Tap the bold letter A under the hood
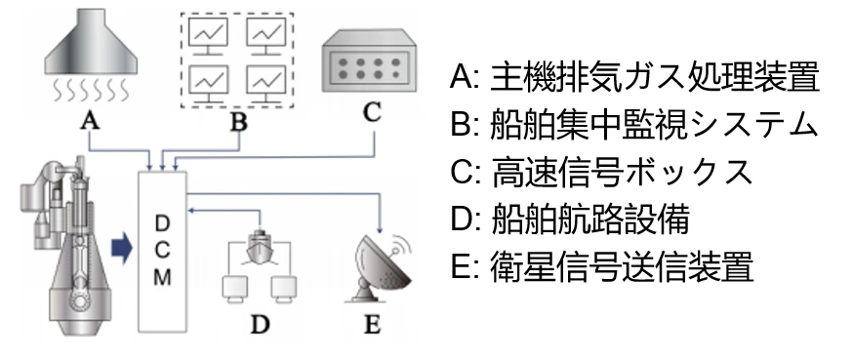coord(91,120)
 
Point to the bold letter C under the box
coord(372,111)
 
